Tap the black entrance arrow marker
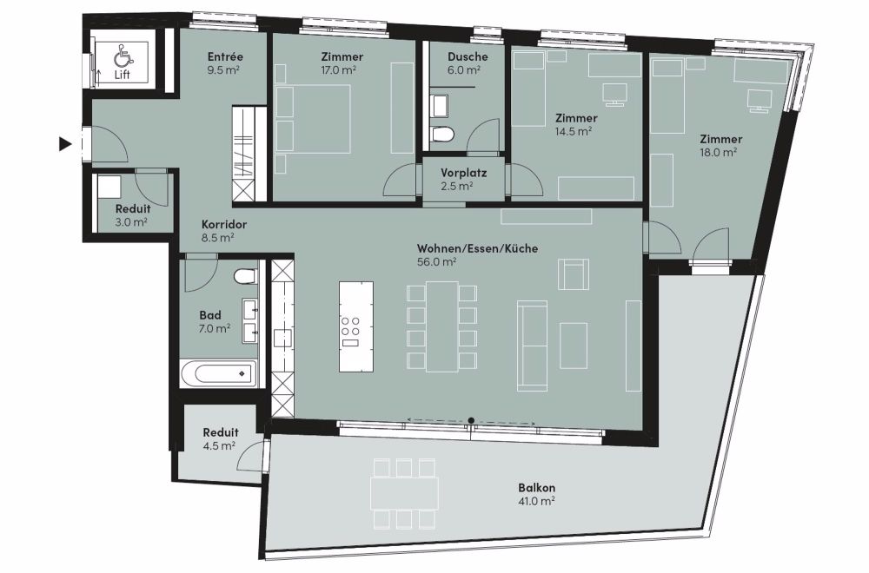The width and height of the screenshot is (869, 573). pos(66,144)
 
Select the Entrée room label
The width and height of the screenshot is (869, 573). pos(225,56)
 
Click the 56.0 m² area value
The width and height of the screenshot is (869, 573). pos(436,262)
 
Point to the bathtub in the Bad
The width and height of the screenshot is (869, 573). pos(218,374)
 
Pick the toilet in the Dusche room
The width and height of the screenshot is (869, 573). pos(441,134)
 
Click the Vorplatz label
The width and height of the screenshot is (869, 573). pos(464,173)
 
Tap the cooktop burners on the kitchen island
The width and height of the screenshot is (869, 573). pos(349,326)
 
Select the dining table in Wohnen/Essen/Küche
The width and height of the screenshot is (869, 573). pos(441,326)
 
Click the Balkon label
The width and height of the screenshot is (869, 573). pos(536,488)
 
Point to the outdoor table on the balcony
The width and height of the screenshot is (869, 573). pos(405,493)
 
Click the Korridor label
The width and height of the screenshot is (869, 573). pos(224,225)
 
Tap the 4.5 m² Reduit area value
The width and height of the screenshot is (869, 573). pos(220,445)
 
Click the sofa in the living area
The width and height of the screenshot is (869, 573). pos(532,346)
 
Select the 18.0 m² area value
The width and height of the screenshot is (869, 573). pos(718,152)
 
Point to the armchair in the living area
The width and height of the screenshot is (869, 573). pos(573,274)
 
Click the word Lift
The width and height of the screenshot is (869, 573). pos(122,74)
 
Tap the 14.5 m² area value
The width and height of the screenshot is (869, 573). pos(573,131)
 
